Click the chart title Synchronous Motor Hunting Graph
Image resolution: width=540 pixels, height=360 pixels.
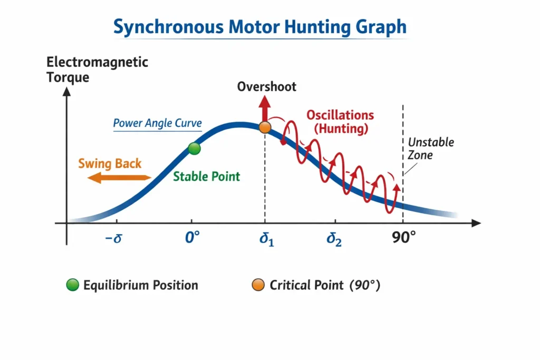pos(260,27)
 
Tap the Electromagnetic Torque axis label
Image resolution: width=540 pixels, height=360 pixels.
pos(97,70)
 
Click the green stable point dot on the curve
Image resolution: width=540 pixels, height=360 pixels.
pos(195,149)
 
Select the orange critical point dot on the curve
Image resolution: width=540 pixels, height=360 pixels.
pos(265,127)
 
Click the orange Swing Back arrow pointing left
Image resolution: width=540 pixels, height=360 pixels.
pos(119,179)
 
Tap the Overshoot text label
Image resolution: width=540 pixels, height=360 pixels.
pos(266,86)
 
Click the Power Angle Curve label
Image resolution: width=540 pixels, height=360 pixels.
pos(157,123)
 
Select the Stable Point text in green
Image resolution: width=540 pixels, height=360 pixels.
pos(206,176)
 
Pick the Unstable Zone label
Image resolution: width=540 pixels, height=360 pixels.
pos(431,149)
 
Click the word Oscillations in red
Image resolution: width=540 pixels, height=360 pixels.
pos(340,115)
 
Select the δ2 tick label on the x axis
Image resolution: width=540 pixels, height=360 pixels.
pos(334,240)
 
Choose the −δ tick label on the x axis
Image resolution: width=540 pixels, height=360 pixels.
pos(113,239)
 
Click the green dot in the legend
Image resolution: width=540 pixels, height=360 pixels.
pos(72,286)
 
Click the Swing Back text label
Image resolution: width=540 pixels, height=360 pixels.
pos(110,163)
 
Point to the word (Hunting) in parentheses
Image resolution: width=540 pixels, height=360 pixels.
pos(340,128)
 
